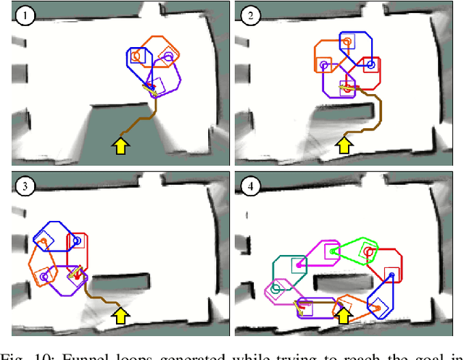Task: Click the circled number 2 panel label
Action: pos(247,15)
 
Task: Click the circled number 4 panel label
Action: pos(247,186)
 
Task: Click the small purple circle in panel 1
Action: pos(168,55)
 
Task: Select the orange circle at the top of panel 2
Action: pos(347,41)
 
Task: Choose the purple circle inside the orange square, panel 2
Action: pos(325,64)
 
